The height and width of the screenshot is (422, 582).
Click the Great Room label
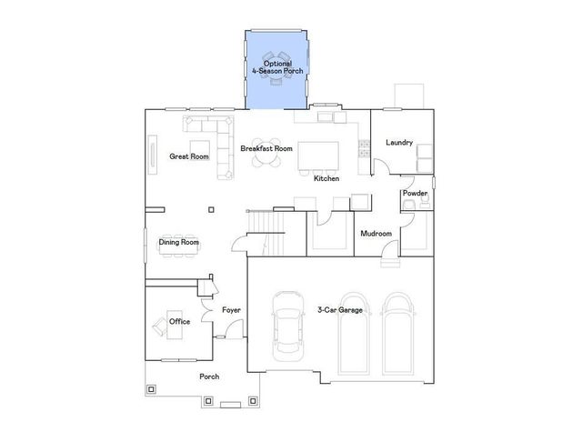click(x=189, y=156)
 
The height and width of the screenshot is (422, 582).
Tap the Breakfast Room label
click(x=266, y=148)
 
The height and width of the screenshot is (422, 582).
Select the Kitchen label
click(x=326, y=178)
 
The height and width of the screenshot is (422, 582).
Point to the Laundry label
click(x=399, y=143)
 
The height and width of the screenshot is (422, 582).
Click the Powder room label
click(x=415, y=194)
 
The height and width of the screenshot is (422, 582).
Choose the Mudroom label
click(x=376, y=234)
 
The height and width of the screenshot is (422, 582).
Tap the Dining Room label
click(x=179, y=243)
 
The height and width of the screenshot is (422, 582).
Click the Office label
click(x=179, y=321)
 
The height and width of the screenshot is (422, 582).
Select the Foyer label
click(x=232, y=310)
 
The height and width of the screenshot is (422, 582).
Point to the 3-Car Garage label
click(x=340, y=310)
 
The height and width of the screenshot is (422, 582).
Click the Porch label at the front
click(x=209, y=376)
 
